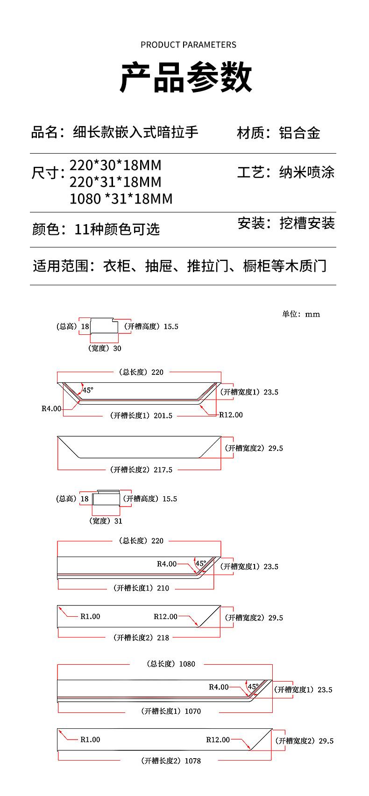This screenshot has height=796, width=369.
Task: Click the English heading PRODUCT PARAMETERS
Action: (x=188, y=45)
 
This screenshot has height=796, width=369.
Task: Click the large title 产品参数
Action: (x=186, y=77)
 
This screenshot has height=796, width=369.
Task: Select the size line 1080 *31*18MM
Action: (x=121, y=198)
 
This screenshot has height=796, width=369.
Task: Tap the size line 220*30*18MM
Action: (x=115, y=165)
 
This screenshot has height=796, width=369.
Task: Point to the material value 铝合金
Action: (x=299, y=133)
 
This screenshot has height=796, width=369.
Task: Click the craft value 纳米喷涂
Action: (x=307, y=172)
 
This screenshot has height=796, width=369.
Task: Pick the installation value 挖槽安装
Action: (x=307, y=223)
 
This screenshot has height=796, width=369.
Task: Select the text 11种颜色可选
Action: (x=117, y=229)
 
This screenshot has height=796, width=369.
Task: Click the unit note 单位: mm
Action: (x=301, y=314)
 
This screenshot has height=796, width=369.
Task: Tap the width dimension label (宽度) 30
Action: (x=105, y=348)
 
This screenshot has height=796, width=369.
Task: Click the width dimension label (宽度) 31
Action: (x=106, y=521)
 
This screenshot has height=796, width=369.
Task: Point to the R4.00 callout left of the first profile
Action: (x=51, y=409)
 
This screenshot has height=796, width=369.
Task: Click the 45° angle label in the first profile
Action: (x=88, y=390)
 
